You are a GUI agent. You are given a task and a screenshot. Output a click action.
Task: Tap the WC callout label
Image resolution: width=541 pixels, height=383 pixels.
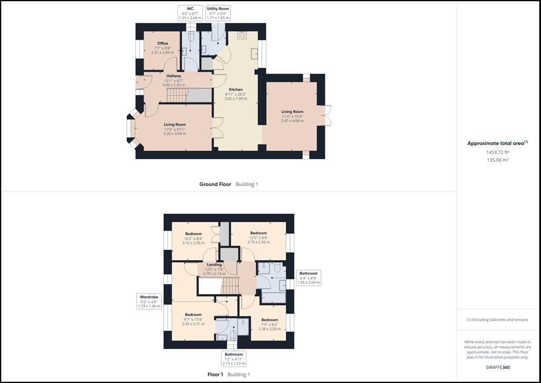coord(190,13)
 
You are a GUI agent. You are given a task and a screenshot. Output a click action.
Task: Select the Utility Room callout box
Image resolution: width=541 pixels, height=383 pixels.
coord(218,13)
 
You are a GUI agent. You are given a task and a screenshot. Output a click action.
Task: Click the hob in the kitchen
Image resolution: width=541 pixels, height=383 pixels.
coord(242,35)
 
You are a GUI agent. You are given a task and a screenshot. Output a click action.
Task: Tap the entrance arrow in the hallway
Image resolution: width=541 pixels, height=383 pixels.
coord(137,82)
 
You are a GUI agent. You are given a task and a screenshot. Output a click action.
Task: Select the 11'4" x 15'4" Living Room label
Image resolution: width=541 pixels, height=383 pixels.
coord(292,116)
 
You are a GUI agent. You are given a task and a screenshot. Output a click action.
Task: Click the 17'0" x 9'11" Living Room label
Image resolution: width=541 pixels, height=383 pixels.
coord(174,129)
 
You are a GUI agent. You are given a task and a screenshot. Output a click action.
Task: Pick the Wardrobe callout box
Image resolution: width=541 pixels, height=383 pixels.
coord(149,302)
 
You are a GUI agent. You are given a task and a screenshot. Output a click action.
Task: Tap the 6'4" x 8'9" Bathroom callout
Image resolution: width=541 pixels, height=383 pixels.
coord(309,278)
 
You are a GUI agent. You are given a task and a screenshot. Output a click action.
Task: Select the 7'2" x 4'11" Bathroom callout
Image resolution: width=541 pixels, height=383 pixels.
coord(234,359)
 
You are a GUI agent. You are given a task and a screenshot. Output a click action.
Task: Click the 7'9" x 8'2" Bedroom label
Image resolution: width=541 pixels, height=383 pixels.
coord(269,324)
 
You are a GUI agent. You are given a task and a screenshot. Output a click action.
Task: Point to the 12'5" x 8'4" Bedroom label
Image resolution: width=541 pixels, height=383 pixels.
coord(258,238)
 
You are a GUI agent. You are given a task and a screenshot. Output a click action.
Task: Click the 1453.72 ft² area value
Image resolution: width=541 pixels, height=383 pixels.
coord(498,152)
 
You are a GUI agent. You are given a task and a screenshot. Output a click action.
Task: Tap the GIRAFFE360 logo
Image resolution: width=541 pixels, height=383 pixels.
coord(498,368)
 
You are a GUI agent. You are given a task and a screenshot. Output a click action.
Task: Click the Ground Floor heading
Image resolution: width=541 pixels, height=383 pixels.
coord(216,184)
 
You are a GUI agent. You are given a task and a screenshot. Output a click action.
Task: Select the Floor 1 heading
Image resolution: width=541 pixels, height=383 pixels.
coord(216,375)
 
